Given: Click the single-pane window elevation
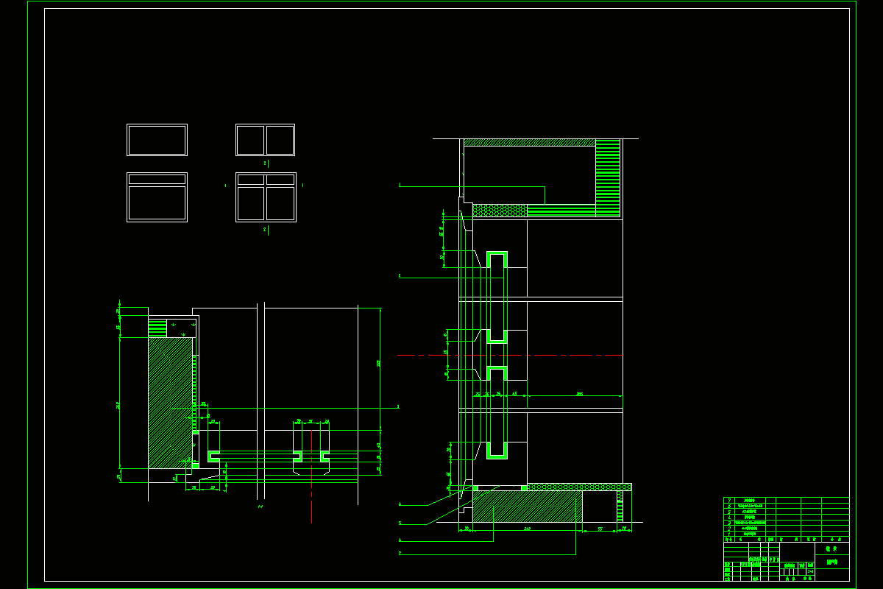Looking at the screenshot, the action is [157, 140].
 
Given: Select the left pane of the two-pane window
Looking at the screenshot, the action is [250, 140].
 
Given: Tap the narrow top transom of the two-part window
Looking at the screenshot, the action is [157, 179].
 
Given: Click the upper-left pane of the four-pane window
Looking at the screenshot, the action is [250, 179].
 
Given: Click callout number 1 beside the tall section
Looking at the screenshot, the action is [400, 185].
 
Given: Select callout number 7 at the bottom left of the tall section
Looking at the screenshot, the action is [400, 552].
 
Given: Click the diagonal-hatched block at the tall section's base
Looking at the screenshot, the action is [527, 507].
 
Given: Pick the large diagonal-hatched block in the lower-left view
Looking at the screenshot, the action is [169, 401].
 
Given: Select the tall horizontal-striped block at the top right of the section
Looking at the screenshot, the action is [608, 177].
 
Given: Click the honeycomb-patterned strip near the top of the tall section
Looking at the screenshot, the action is [500, 211].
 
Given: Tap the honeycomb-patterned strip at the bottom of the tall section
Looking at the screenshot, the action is [578, 487].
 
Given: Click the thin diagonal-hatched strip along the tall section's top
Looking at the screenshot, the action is [529, 142].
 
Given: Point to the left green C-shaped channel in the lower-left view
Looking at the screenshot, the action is [213, 456].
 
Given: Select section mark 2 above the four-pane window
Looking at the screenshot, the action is [265, 163].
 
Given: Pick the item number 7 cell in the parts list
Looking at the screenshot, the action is [729, 500].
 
